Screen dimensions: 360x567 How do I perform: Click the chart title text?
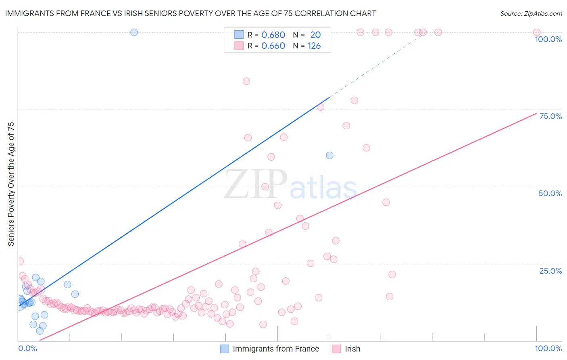(190, 13)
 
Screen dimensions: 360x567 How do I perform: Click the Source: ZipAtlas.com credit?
(531, 13)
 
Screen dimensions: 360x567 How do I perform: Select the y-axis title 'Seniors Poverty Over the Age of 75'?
(11, 184)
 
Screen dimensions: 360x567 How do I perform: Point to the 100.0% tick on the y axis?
(548, 39)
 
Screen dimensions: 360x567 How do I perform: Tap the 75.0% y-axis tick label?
(550, 116)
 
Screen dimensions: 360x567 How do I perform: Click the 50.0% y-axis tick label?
(550, 193)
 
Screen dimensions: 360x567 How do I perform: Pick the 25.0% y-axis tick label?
(550, 271)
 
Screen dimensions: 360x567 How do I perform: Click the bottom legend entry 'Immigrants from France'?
(276, 349)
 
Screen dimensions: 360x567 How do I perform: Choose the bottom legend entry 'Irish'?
(352, 349)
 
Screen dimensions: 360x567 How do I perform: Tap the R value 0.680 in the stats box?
(273, 35)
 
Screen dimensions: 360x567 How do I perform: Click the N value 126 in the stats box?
(314, 46)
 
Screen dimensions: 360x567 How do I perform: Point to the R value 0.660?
(273, 46)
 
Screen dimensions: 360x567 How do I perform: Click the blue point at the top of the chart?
(134, 32)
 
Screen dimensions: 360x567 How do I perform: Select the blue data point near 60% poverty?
(329, 155)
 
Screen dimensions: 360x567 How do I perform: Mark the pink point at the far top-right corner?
(536, 32)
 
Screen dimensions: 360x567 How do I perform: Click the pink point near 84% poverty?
(246, 81)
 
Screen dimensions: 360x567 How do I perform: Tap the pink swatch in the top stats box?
(239, 46)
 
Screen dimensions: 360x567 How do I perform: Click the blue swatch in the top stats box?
(239, 35)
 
